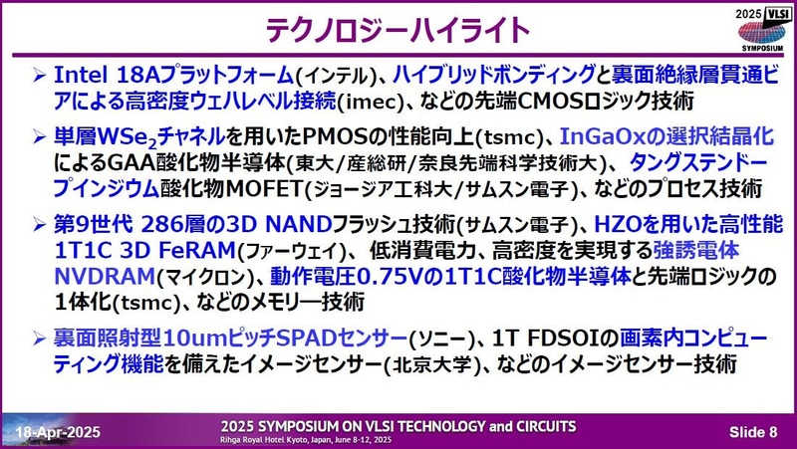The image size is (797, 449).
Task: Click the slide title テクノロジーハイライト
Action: pyautogui.click(x=398, y=28)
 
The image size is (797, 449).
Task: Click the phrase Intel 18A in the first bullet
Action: pyautogui.click(x=104, y=76)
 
